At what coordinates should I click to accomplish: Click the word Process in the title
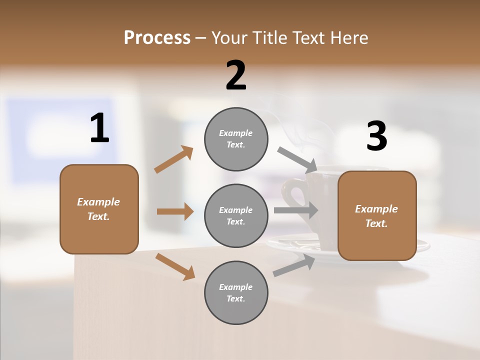click(157, 38)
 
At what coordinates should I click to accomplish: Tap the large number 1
click(99, 128)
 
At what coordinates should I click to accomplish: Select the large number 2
click(236, 75)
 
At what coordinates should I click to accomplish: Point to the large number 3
click(376, 136)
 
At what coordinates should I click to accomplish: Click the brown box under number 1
click(99, 209)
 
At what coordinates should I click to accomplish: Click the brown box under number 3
click(377, 215)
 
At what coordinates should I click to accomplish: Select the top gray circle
click(236, 139)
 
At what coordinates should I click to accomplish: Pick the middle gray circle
click(236, 215)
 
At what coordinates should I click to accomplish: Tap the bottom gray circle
click(236, 292)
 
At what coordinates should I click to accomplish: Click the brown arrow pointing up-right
click(173, 159)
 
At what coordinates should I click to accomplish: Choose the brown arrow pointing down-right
click(175, 266)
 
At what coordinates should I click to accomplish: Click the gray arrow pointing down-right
click(297, 159)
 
